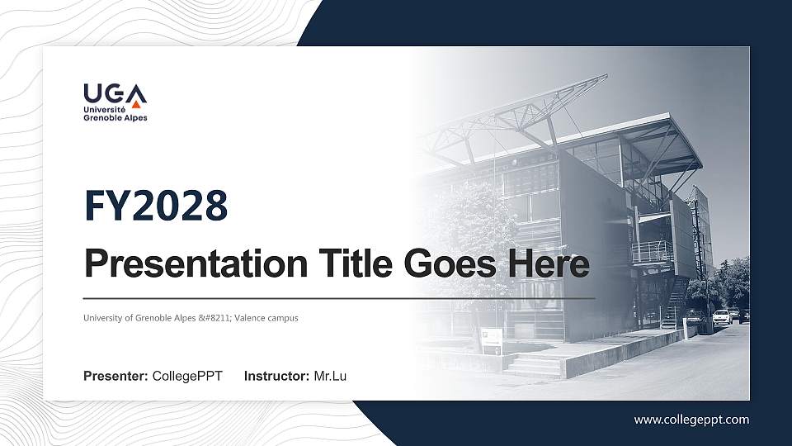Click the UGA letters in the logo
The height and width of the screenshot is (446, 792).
(x=115, y=93)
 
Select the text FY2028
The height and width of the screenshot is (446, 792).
(x=156, y=206)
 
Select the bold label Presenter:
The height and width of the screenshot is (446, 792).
(x=115, y=377)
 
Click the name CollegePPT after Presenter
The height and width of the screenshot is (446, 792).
(x=187, y=377)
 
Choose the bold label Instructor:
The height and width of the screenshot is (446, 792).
(x=277, y=377)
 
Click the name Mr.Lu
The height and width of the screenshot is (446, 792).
(x=330, y=377)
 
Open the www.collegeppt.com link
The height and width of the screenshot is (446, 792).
(x=691, y=420)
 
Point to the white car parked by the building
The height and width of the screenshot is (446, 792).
(x=721, y=316)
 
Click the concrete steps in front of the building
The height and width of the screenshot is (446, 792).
(x=532, y=363)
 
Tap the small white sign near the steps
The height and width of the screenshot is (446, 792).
(x=491, y=336)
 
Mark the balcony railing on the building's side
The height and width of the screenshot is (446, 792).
(x=652, y=250)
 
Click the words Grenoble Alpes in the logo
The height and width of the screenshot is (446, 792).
(x=115, y=118)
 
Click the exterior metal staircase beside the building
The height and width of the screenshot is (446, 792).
(x=675, y=297)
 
